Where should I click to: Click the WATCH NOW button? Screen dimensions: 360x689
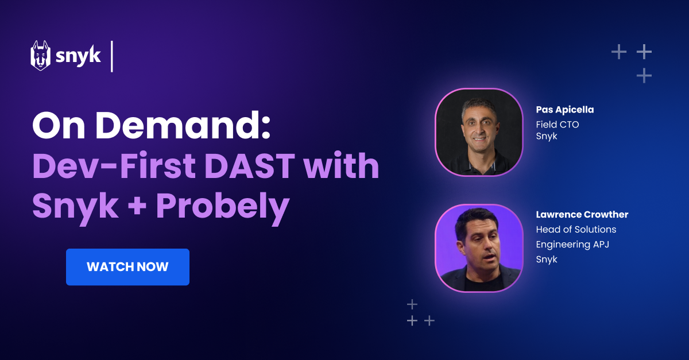127,267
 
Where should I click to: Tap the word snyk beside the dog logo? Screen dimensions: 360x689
78,56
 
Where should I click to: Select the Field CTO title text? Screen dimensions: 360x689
557,124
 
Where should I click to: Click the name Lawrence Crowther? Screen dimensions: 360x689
582,215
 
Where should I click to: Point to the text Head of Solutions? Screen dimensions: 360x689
576,230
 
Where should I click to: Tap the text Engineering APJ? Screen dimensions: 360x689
572,245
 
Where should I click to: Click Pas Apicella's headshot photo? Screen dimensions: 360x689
479,131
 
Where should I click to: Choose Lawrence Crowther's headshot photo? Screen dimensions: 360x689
479,247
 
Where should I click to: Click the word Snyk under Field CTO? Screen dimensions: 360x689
547,137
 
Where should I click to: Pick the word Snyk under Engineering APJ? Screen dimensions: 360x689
547,260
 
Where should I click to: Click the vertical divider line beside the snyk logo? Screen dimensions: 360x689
112,56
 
